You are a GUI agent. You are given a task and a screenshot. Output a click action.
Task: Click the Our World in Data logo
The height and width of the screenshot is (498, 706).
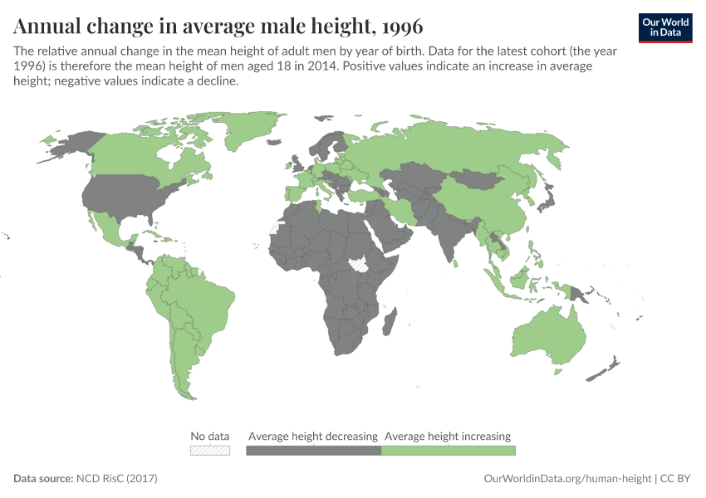click(x=665, y=27)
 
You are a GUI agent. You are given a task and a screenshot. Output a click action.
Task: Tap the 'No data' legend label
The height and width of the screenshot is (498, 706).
click(x=209, y=436)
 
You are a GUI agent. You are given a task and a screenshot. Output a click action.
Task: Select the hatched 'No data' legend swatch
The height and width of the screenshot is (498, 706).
click(x=209, y=450)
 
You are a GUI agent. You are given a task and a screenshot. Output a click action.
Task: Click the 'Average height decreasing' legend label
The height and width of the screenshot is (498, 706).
click(x=313, y=436)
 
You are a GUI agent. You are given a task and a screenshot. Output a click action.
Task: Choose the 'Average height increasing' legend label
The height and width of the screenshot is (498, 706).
click(x=448, y=436)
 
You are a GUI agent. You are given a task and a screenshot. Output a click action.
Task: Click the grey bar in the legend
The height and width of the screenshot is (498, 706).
click(x=313, y=450)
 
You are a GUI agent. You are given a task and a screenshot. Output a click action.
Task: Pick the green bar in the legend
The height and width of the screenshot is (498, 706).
click(x=448, y=450)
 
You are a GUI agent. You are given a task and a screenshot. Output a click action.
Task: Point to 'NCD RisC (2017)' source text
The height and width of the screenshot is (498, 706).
click(x=116, y=479)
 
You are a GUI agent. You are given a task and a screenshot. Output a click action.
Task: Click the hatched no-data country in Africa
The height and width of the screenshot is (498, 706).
click(x=360, y=265)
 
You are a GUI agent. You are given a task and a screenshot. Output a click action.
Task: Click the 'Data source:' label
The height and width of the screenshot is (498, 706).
click(x=43, y=479)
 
